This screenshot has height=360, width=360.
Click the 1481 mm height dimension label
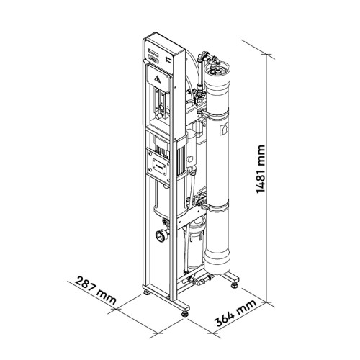261,169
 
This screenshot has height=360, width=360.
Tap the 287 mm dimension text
96,290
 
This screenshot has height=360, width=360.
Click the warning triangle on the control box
158,78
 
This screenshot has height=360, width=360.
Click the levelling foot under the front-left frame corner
147,293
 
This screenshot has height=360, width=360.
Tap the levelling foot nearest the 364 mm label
184,314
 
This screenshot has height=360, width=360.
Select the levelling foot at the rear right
234,286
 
